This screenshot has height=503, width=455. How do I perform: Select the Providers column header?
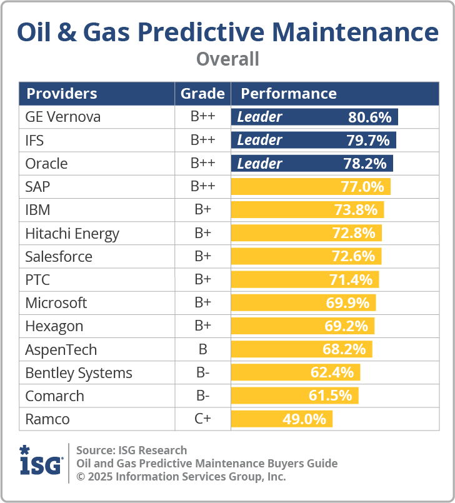61,94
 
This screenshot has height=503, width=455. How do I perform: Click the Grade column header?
202,94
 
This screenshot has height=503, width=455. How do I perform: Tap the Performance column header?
289,94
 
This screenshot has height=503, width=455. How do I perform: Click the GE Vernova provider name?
62,117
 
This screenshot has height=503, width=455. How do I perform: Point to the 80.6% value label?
369,117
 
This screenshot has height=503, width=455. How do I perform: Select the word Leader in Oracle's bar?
259,164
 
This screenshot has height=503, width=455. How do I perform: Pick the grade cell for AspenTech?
202,349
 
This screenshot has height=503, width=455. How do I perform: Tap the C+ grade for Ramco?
202,419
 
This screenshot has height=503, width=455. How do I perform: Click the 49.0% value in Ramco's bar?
304,419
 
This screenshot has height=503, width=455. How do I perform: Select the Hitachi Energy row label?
72,234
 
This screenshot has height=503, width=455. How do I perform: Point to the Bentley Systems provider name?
79,373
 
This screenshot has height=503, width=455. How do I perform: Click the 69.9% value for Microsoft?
347,303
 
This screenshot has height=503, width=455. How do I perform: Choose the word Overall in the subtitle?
227,59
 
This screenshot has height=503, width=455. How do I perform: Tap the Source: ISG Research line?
131,450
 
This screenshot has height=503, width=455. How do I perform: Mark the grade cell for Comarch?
202,396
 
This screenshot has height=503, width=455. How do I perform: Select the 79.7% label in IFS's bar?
368,140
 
